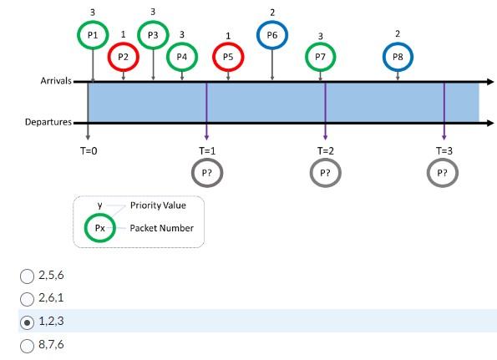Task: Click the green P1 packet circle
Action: click(x=93, y=35)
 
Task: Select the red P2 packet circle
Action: click(x=123, y=57)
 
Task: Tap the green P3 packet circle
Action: click(x=152, y=35)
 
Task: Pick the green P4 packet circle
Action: click(x=181, y=57)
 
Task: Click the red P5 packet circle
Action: click(x=228, y=57)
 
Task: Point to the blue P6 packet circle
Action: click(x=272, y=35)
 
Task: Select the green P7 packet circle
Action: click(x=321, y=57)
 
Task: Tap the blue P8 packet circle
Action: click(x=398, y=57)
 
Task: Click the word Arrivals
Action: click(x=56, y=82)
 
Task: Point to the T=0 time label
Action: click(x=89, y=151)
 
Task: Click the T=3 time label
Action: click(x=444, y=151)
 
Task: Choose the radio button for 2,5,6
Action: click(x=28, y=275)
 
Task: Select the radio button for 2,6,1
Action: click(x=28, y=297)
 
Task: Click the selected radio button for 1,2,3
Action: click(x=28, y=320)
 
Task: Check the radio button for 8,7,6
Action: click(x=28, y=342)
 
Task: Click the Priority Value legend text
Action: click(x=158, y=205)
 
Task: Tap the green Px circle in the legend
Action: click(x=99, y=227)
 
